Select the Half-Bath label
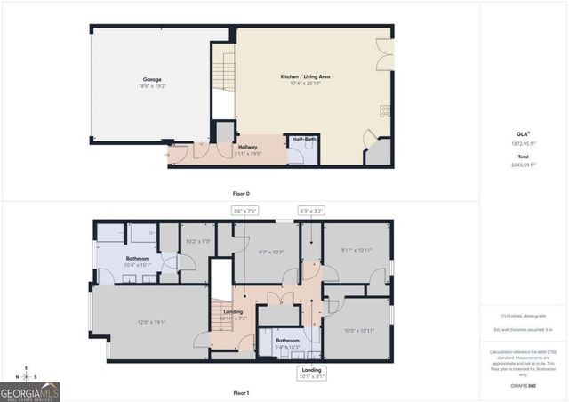tap(304, 140)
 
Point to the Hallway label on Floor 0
tap(248, 147)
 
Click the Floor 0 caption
tap(241, 192)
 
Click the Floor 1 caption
tap(241, 392)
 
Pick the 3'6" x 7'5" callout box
tap(244, 211)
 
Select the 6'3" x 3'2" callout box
tap(311, 211)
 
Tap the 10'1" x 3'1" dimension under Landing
tap(311, 377)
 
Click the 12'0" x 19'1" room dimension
tap(151, 322)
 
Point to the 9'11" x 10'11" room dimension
tap(357, 250)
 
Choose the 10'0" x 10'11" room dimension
tap(359, 331)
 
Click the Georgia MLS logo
tap(29, 391)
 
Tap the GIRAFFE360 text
tap(525, 385)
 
